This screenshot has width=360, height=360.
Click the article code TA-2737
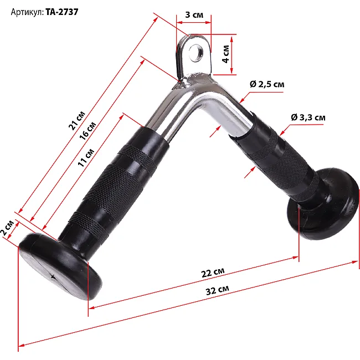coord(62,12)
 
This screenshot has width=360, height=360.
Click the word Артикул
coord(27,12)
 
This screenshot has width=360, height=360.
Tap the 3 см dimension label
coord(194,15)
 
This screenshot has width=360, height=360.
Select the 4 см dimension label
coord(225,54)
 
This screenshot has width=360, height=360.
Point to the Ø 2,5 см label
coord(267,84)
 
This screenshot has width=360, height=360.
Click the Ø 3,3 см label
coord(308,117)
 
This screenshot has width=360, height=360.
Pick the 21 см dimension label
coord(77,120)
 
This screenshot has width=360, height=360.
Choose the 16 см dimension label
coord(88,130)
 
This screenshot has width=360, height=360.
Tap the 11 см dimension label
coord(86,158)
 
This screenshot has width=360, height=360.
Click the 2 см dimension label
coord(7,228)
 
